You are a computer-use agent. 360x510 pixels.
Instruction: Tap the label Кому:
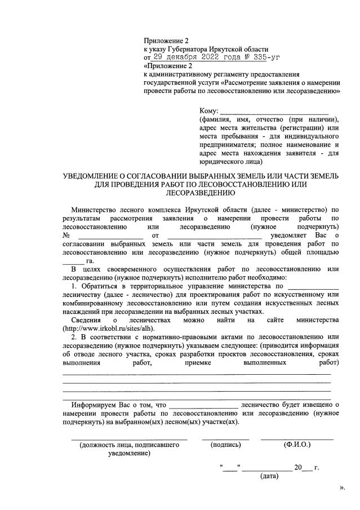click(208, 110)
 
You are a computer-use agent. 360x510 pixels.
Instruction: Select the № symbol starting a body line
click(66, 234)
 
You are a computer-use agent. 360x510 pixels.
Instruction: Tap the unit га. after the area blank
click(90, 261)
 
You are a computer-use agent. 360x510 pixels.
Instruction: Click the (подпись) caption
click(225, 445)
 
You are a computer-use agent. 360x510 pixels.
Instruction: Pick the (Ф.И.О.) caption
click(297, 445)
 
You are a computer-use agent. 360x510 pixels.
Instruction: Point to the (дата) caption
click(269, 476)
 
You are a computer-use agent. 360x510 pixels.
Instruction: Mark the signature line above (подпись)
click(225, 438)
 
